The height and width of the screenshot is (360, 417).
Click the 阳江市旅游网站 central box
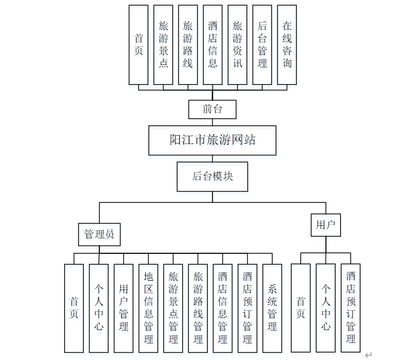point(212,140)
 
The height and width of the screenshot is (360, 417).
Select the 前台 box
point(212,109)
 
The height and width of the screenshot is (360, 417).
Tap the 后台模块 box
point(212,176)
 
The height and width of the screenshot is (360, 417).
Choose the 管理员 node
point(99,234)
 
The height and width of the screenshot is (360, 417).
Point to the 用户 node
point(326,225)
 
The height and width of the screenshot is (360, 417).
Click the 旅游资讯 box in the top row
point(237,45)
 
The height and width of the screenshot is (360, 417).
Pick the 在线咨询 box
point(287,45)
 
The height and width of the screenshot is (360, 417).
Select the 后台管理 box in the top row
point(262,45)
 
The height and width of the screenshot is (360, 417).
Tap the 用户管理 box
point(124,308)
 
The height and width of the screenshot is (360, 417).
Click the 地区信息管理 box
point(148,308)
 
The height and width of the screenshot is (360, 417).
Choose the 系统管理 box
point(272,308)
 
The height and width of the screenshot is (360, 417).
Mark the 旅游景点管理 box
point(173,308)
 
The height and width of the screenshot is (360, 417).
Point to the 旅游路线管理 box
point(198,308)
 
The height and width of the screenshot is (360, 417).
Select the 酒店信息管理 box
point(223,308)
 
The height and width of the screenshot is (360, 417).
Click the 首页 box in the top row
point(139,45)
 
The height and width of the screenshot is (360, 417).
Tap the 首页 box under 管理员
point(74,308)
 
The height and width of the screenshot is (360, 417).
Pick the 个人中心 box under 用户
point(326,308)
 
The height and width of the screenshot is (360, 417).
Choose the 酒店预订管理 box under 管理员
point(247,308)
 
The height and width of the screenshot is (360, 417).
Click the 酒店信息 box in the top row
point(213,45)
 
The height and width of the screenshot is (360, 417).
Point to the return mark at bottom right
point(368,355)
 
